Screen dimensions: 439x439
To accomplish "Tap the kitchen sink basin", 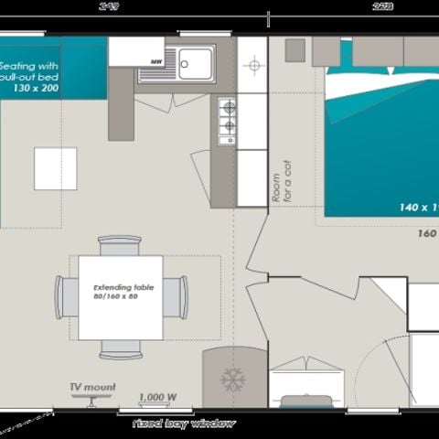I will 196,61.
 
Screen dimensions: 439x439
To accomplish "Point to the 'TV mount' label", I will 92,388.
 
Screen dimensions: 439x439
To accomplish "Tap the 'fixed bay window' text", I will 183,423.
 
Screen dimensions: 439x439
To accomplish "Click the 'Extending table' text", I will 120,287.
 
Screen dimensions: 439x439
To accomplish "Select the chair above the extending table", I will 120,245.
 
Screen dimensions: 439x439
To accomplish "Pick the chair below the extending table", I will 120,348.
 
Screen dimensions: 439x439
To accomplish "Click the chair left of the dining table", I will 67,297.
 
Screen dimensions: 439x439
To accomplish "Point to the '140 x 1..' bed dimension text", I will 418,208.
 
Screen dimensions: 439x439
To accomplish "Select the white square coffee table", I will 55,168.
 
